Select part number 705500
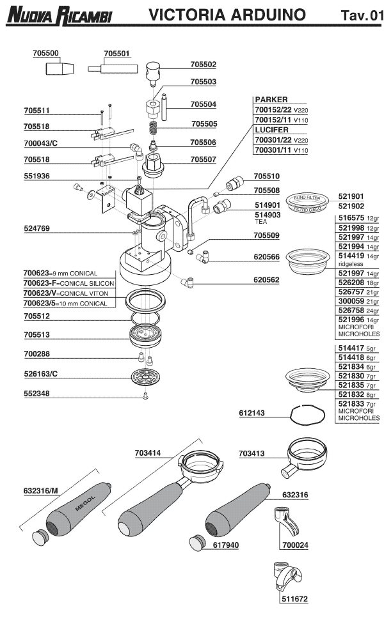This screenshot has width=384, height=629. pos(45,54)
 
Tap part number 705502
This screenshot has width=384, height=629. pos(204,65)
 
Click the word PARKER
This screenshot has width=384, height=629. pos(271,100)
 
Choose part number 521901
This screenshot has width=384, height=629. pos(350,196)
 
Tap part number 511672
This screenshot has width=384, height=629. pos(294,600)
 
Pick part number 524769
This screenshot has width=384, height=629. pos(36,228)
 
